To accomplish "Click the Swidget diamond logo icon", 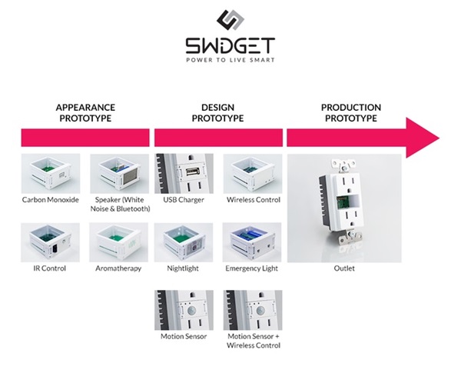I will click(230, 21).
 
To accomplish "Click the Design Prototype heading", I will click(217, 113).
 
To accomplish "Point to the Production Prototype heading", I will click(350, 113).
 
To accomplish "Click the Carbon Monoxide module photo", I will click(51, 173).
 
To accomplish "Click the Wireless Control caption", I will click(252, 199).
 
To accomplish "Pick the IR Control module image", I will click(51, 241).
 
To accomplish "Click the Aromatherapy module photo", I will click(118, 241).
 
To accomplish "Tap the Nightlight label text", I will click(184, 268).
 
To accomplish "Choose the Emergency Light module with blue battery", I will click(252, 241).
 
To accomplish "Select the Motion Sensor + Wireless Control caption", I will click(252, 341).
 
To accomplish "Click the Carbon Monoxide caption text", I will click(51, 199).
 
